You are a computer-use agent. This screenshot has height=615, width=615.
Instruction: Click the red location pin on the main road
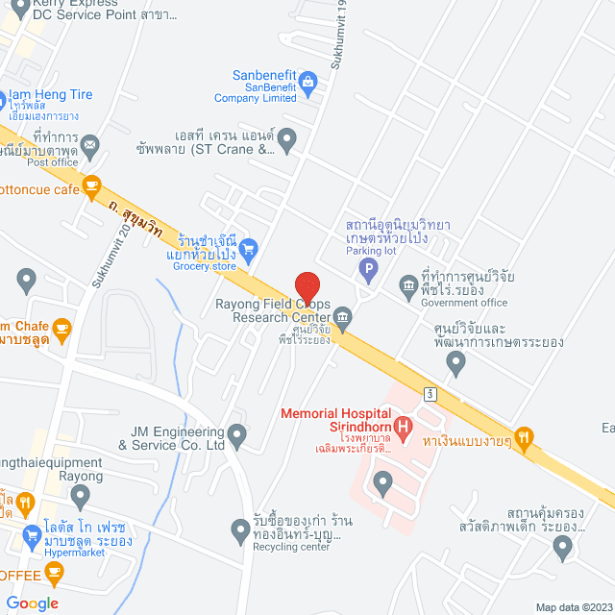click(307, 287)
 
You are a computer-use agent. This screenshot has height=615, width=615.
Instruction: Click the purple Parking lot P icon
click(367, 270)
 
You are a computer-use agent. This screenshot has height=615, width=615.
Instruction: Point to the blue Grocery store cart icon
click(248, 248)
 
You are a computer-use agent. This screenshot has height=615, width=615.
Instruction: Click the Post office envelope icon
click(90, 145)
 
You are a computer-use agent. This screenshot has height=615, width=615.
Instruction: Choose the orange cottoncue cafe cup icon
click(92, 187)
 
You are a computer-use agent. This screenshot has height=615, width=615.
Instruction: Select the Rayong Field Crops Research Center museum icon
click(342, 316)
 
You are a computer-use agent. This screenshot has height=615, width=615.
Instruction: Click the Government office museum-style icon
click(408, 284)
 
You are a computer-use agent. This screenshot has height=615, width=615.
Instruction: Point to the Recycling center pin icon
click(241, 529)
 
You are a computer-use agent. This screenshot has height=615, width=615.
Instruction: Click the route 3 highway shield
click(432, 393)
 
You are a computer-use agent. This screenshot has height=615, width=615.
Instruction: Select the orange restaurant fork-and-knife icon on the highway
click(524, 438)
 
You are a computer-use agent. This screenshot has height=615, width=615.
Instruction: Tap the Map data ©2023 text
click(573, 606)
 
